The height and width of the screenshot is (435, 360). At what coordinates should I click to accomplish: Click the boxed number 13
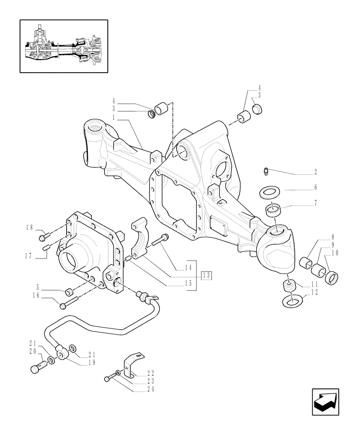[206, 274]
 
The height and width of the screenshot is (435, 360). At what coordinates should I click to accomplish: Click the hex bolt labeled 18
[43, 238]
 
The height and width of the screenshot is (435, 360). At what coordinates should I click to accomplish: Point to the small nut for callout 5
[69, 291]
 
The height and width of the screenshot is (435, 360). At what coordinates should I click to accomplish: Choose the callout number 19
[93, 361]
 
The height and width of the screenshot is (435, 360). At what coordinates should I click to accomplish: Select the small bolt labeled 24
[107, 379]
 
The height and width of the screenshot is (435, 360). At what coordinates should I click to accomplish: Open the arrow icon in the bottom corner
[326, 401]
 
